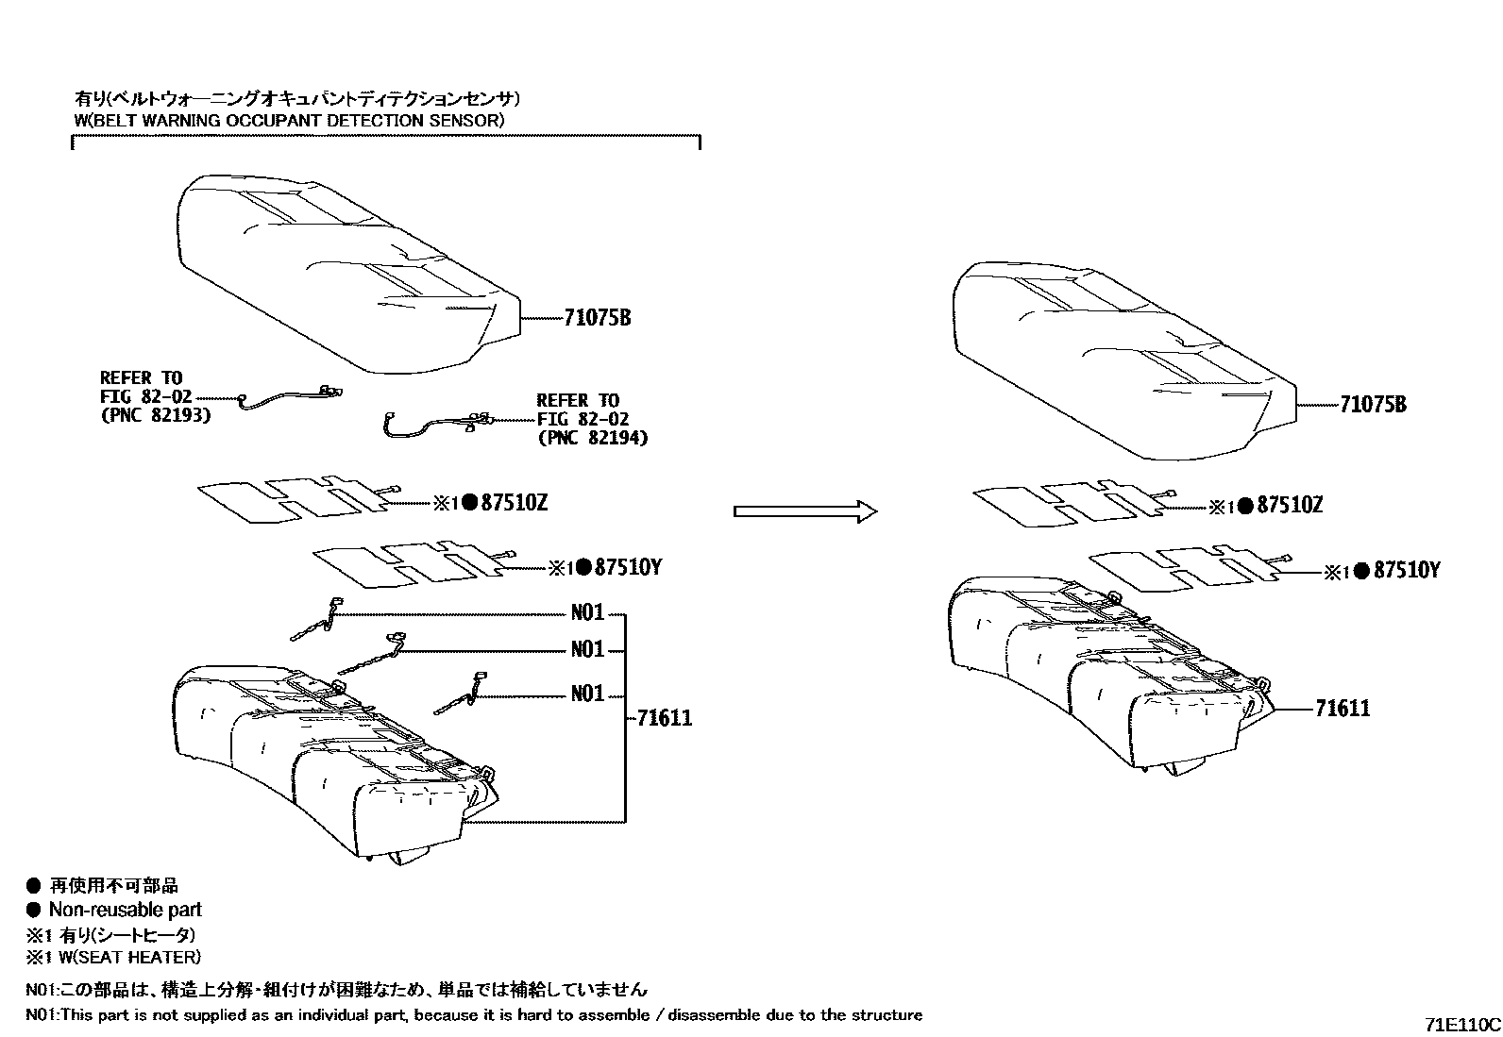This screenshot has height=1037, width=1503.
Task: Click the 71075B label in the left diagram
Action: pos(597,318)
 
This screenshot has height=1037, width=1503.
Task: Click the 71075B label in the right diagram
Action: pos(1373,405)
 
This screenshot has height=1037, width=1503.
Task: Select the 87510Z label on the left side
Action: pos(514,503)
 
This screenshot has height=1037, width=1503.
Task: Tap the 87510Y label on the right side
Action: pos(1407,570)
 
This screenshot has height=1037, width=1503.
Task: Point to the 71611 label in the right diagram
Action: pos(1342,709)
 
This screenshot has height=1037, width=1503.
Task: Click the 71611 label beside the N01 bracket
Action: pos(664,718)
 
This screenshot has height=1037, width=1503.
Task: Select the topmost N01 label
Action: pos(586,613)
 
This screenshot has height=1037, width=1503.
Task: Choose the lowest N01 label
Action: pos(586,694)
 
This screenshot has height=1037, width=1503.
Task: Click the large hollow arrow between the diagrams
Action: pos(805,510)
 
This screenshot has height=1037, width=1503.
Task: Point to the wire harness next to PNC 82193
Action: pos(288,397)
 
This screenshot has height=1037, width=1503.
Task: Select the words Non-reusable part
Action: pos(125,910)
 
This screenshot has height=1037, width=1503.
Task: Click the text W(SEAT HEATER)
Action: pos(125,957)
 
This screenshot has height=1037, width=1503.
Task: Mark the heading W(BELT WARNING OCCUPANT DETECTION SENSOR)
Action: pos(289,120)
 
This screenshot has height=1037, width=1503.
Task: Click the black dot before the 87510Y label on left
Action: pos(583,567)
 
